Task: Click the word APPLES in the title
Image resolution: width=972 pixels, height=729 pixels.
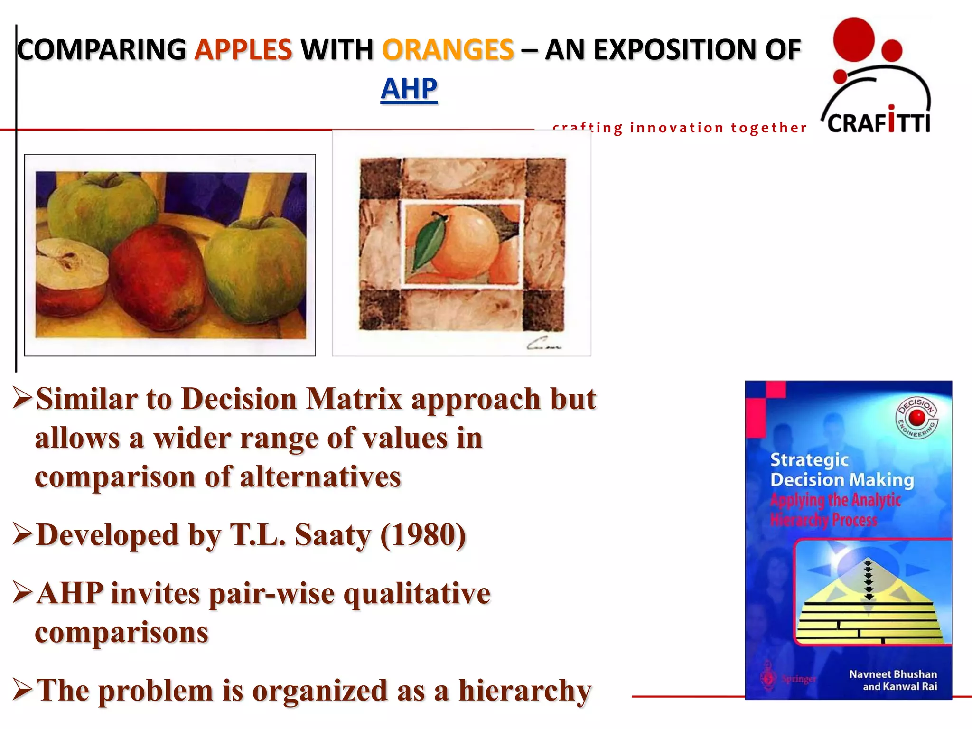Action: coord(243,50)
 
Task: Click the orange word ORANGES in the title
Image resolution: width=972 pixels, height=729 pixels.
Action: coord(448,50)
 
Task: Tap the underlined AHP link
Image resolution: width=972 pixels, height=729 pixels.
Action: coord(409,89)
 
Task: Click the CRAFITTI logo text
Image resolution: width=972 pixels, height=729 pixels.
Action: coord(879,122)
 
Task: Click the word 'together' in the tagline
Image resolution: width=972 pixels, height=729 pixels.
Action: coord(768,128)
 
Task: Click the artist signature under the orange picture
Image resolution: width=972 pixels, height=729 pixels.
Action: coord(543,344)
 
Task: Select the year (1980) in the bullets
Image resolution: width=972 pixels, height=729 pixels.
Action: coord(423,535)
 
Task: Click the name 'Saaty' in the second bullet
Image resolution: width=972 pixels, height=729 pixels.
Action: coord(332,535)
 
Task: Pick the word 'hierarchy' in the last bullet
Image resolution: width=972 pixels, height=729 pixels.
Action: coord(524,691)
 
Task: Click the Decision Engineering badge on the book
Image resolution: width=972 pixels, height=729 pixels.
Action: coord(916,418)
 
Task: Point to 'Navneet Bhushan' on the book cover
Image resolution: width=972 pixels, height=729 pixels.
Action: coord(893,674)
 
